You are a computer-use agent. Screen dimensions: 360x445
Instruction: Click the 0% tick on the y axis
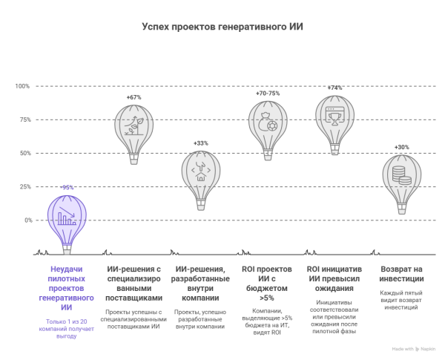tap(27, 220)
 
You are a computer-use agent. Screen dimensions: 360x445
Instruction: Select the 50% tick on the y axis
tap(24, 153)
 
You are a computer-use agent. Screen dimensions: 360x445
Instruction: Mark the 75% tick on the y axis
tap(24, 120)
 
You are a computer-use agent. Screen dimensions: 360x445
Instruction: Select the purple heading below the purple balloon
tap(67, 288)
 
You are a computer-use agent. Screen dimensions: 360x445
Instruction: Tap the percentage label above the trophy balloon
tap(335, 87)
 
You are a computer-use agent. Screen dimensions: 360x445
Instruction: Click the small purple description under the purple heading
tap(67, 323)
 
